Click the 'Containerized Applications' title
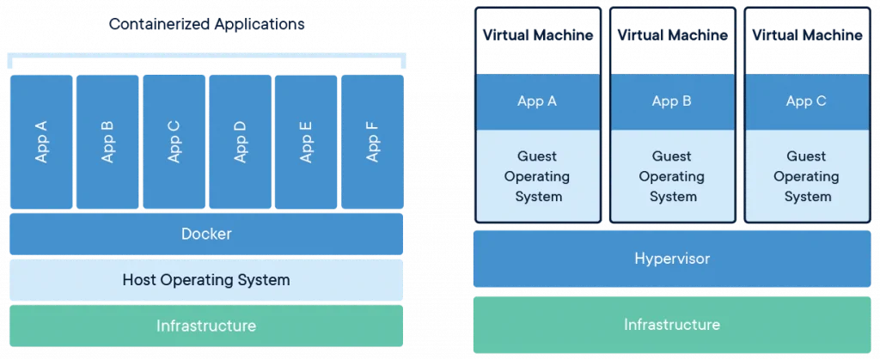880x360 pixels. (206, 24)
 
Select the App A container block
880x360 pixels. (41, 142)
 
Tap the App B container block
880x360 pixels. (107, 142)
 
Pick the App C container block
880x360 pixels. (174, 142)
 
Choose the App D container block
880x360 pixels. (241, 142)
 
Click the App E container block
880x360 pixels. (306, 142)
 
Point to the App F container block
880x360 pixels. (372, 142)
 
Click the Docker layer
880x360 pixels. (206, 234)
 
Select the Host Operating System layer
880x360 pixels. (206, 280)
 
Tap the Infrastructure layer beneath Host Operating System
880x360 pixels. (206, 326)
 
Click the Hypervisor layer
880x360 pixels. (672, 259)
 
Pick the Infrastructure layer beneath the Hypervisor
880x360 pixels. (672, 325)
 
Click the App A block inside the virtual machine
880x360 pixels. (538, 101)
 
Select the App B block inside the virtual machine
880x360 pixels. (672, 101)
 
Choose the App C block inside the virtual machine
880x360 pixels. (807, 101)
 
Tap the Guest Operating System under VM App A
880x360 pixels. (538, 176)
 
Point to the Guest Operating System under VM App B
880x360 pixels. (672, 176)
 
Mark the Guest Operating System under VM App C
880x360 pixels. (807, 176)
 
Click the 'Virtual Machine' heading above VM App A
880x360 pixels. (538, 35)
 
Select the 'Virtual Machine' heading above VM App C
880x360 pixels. (807, 35)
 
